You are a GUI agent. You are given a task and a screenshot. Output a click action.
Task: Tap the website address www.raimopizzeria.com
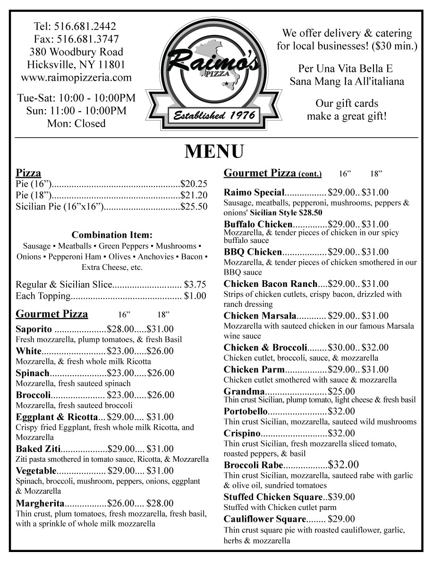(x=76, y=78)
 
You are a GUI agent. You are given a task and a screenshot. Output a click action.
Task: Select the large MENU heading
(x=214, y=151)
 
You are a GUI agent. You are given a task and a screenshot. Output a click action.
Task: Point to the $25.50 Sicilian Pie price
(x=195, y=206)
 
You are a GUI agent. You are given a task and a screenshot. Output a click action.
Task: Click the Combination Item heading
(x=112, y=235)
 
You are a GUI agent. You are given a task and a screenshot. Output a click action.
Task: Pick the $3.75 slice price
(x=195, y=285)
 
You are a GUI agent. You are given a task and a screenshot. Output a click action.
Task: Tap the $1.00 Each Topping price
(x=195, y=296)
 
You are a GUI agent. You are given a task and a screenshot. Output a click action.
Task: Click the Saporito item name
(x=34, y=329)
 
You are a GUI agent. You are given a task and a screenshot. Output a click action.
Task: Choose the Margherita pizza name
(x=40, y=503)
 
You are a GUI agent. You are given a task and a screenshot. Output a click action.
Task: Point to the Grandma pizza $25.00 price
(x=342, y=391)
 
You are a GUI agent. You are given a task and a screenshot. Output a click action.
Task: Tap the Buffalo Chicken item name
(x=258, y=224)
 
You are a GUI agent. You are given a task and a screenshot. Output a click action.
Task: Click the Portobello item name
(x=246, y=412)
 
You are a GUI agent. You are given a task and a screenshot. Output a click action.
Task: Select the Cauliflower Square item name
(x=265, y=519)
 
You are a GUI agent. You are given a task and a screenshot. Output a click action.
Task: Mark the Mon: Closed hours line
(x=76, y=124)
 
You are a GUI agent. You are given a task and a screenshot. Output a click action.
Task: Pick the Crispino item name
(x=242, y=433)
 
